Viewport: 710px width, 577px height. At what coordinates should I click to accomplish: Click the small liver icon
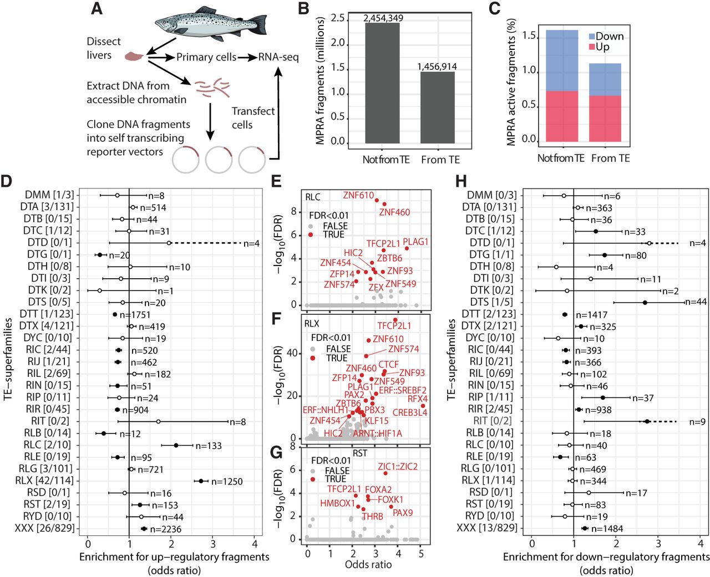pos(134,56)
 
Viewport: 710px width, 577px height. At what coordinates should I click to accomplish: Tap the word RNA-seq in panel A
pos(278,57)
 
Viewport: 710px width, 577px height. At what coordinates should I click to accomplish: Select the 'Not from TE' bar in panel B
pos(382,83)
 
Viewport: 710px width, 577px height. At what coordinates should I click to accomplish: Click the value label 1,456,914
pos(437,67)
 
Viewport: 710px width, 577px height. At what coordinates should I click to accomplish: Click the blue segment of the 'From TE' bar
pos(605,79)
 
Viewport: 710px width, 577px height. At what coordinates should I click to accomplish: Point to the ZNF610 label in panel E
pos(358,195)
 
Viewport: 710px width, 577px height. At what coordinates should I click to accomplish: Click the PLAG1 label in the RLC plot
pos(415,242)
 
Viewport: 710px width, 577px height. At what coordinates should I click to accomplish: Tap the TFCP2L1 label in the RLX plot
pos(394,326)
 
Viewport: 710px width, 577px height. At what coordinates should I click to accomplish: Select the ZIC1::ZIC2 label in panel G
pos(398,467)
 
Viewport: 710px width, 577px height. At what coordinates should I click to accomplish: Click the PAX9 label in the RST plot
pos(403,513)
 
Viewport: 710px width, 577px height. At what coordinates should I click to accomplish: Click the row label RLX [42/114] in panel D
pos(44,481)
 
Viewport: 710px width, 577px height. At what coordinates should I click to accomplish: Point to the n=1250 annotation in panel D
pos(227,482)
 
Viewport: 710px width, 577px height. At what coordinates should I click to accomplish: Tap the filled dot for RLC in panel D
pos(176,445)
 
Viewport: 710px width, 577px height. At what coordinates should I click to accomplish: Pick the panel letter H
pos(461,181)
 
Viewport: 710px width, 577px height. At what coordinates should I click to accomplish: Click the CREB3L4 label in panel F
pos(409,412)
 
